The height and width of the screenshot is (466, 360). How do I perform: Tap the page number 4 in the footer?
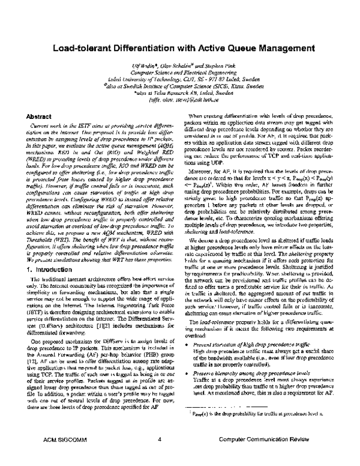pos(160,456)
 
